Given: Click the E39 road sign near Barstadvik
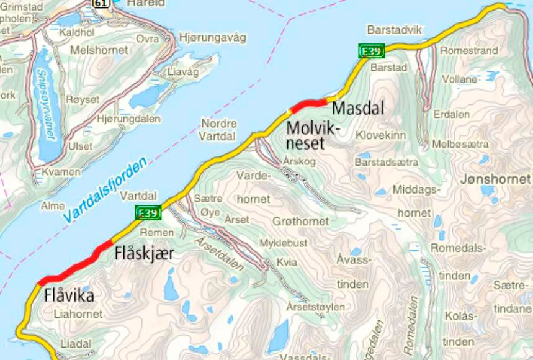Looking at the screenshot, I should tap(371, 52).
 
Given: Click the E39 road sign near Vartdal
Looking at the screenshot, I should tap(148, 214).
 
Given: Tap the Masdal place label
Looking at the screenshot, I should tap(358, 108).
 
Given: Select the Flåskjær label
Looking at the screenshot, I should tap(145, 254).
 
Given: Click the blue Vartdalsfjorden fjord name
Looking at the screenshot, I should tap(105, 189).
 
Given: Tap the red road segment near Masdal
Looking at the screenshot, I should tap(308, 104).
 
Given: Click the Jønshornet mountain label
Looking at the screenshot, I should tap(496, 179).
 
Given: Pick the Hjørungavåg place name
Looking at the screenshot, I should tap(212, 37).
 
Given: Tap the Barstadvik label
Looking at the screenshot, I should tap(394, 30).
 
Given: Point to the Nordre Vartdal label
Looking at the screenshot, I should tap(218, 128).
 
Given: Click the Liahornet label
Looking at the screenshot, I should tap(78, 314).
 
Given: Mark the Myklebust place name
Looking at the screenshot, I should tap(282, 243).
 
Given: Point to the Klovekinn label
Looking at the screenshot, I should tap(380, 135).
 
